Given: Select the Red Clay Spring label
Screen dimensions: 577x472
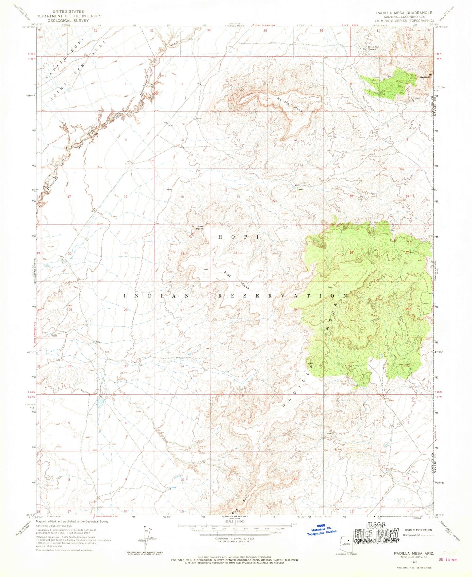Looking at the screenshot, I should click(373, 48).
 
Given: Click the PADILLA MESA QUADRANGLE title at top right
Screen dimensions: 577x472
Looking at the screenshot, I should click(404, 13).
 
